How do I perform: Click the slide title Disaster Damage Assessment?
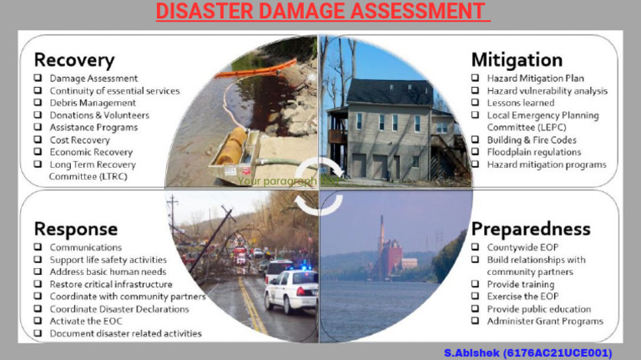[320, 12]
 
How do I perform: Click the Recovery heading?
[73, 59]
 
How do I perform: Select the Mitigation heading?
[517, 59]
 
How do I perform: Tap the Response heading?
[75, 228]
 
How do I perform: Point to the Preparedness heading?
[530, 228]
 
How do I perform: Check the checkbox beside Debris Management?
[38, 103]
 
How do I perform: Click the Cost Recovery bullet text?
[79, 140]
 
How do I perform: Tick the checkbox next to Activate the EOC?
[38, 321]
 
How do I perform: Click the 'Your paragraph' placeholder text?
[277, 180]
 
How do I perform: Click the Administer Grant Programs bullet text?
[545, 321]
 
